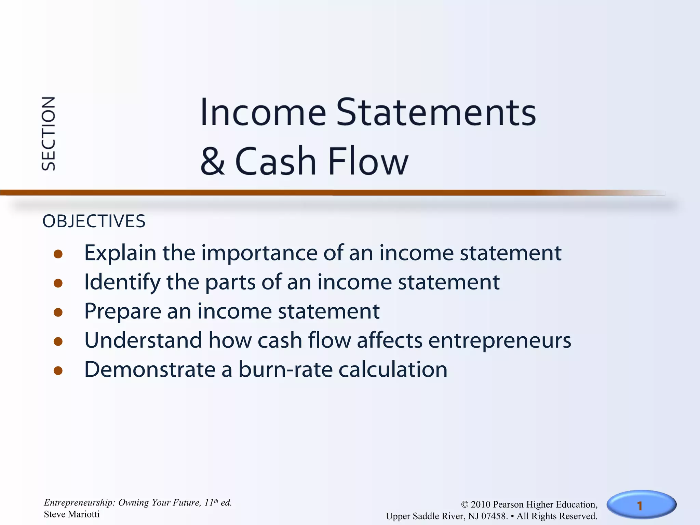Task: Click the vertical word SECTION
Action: (48, 134)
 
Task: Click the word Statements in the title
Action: (436, 112)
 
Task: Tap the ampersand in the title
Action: (213, 161)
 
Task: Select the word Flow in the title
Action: (368, 161)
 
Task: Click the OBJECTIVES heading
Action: (94, 221)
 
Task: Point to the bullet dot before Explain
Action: (58, 254)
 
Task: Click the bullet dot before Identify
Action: (58, 283)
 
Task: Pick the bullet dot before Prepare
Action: (58, 312)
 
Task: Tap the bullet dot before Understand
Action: (58, 341)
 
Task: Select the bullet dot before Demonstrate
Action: (58, 371)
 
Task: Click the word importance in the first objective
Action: (259, 254)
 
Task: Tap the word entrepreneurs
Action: (499, 341)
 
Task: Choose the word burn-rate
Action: (285, 370)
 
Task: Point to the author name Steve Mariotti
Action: (72, 514)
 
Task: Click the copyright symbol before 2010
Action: (465, 505)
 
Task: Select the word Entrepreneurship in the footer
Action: (79, 503)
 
